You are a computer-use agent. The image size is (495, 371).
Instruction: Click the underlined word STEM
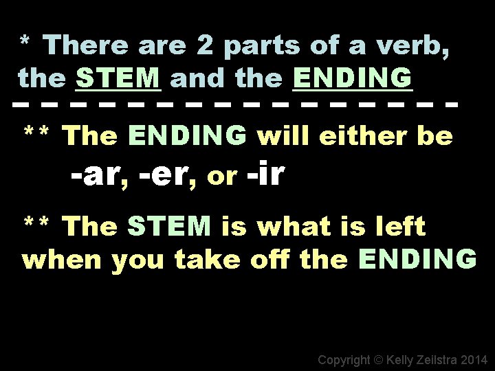[x=119, y=78]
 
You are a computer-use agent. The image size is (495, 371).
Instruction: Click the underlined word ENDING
[x=353, y=78]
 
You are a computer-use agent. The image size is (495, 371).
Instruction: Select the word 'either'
[x=364, y=137]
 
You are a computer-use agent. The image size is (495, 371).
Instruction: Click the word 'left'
[x=400, y=225]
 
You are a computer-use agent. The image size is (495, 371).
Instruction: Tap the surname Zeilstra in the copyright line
[x=433, y=359]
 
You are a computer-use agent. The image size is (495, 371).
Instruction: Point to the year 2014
[x=474, y=359]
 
